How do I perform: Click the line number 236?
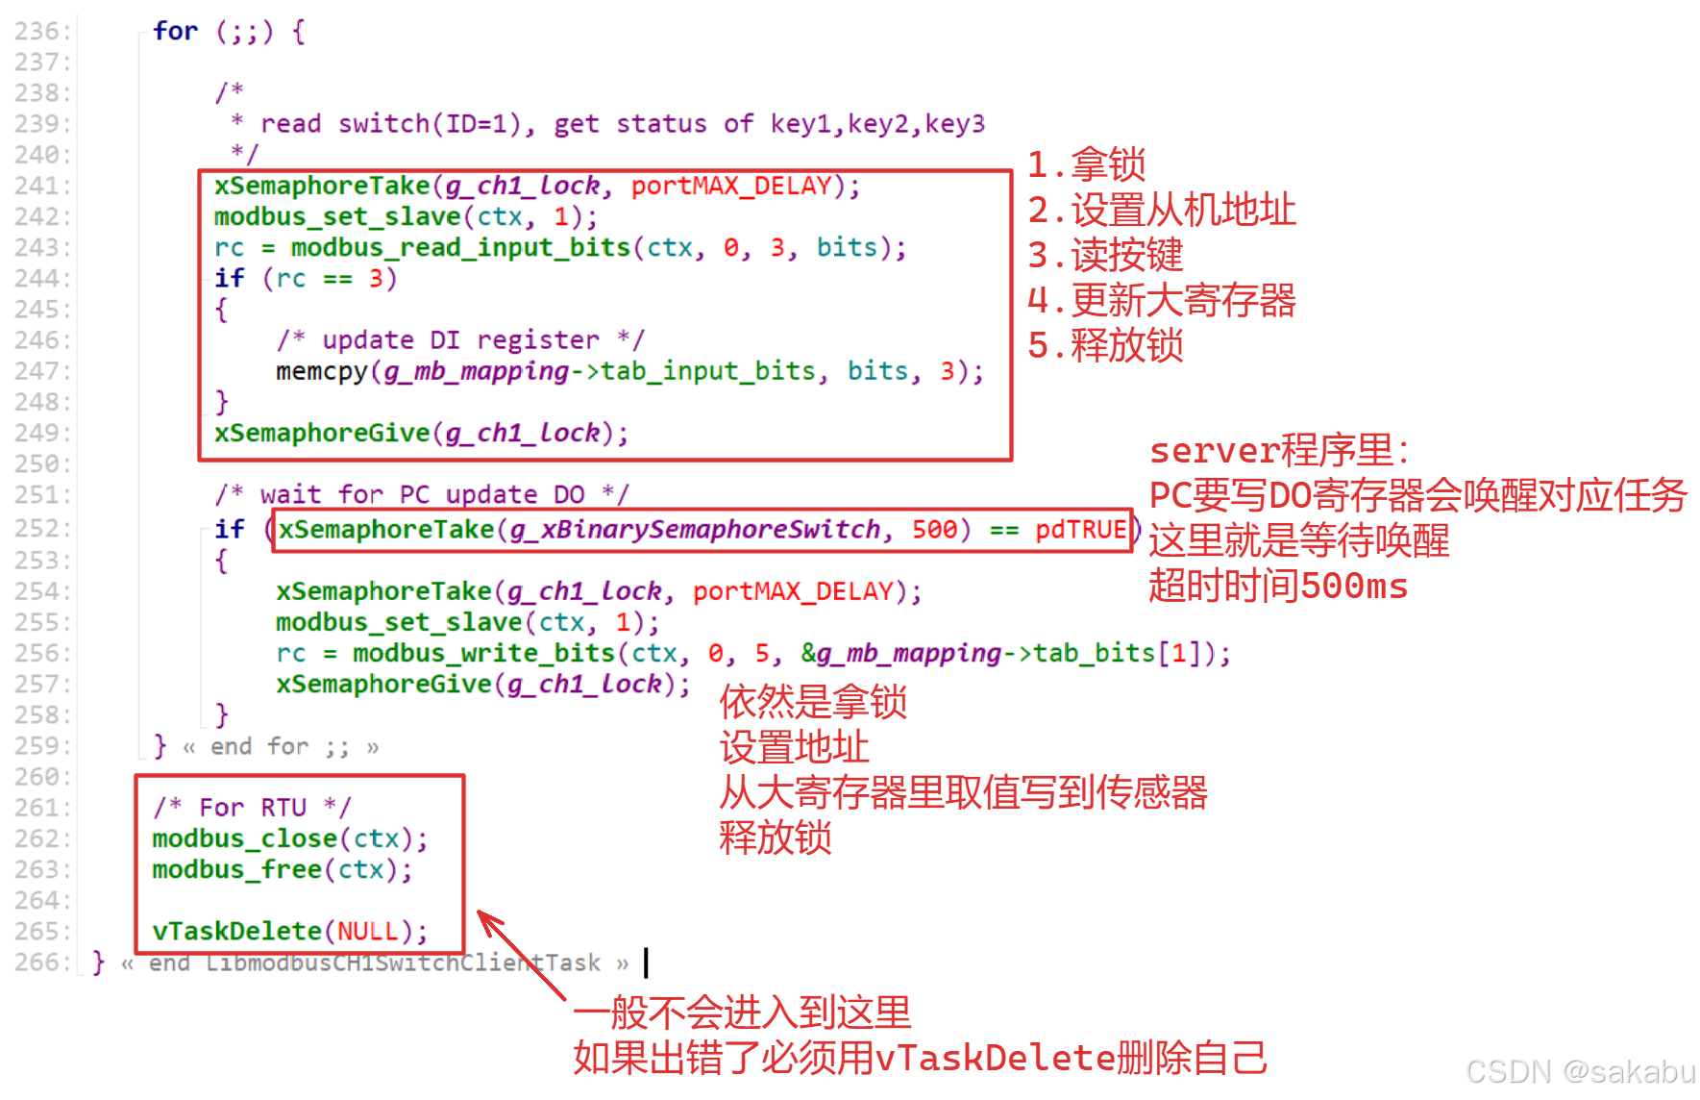click(40, 32)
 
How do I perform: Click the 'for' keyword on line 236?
click(175, 32)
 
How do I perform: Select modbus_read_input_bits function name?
click(460, 248)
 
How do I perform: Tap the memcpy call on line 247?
click(321, 372)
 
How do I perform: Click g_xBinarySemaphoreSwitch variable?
click(694, 530)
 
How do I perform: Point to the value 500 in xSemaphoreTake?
click(933, 530)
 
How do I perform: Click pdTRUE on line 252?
click(1079, 530)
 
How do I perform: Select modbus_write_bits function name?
click(483, 654)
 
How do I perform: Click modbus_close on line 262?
click(244, 839)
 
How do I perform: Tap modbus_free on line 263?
click(236, 870)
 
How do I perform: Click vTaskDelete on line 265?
click(236, 932)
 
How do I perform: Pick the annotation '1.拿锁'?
click(1086, 165)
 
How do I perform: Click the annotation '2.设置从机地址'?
click(1161, 211)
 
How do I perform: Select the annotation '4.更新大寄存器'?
click(1161, 301)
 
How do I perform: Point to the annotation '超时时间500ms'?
click(1277, 587)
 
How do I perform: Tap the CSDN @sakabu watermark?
click(1580, 1071)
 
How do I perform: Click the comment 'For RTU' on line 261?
click(252, 808)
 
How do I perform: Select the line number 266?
click(40, 962)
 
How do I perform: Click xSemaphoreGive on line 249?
click(321, 434)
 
